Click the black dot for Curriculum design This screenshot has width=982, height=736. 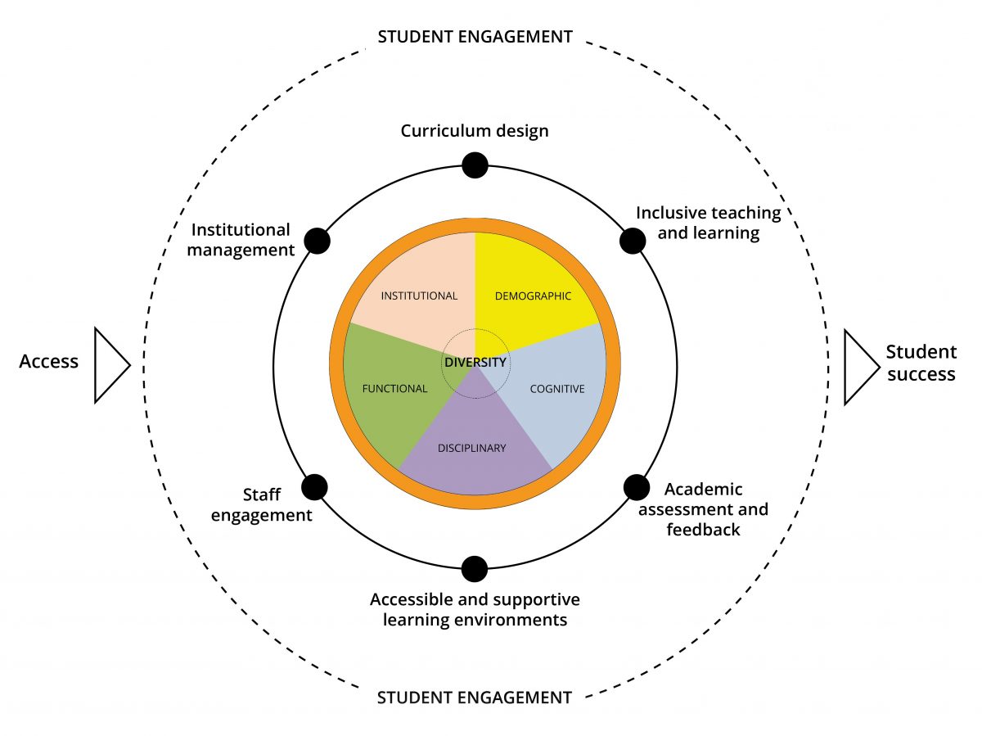point(475,165)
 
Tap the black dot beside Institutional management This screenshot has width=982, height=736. point(317,241)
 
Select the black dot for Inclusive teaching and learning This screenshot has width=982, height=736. point(632,241)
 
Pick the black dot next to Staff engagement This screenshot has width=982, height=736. point(314,487)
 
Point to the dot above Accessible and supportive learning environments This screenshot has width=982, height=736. point(475,568)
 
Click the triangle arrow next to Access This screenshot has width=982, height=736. point(110,365)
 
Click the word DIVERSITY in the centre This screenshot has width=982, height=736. point(475,362)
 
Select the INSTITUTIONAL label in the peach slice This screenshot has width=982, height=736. point(419,296)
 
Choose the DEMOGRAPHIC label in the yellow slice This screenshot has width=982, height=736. point(533,296)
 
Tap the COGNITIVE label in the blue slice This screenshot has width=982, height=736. point(557,389)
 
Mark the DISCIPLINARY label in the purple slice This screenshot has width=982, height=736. point(472,448)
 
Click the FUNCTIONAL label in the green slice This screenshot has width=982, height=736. point(394,389)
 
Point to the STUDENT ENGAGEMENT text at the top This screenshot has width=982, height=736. point(474,37)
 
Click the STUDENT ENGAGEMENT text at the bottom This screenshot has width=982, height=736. point(474,698)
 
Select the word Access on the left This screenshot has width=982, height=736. point(49,361)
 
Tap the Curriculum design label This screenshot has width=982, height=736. point(475,131)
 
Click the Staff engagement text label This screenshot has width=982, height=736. point(262,505)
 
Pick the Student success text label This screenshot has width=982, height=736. point(921,363)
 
